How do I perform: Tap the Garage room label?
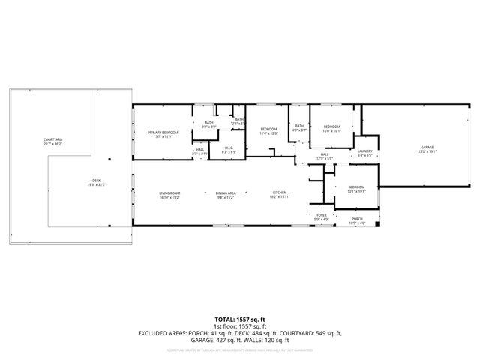pos(427,148)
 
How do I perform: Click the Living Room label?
pos(169,195)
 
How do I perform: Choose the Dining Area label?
pos(226,195)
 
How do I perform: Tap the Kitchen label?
pos(279,195)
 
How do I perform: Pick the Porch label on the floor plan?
pos(357,220)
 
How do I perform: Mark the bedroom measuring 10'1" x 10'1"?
pos(355,189)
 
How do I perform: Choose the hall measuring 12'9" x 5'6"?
pos(324,157)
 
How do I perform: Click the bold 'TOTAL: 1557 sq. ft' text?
pos(239,319)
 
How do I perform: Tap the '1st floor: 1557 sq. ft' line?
pos(239,326)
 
